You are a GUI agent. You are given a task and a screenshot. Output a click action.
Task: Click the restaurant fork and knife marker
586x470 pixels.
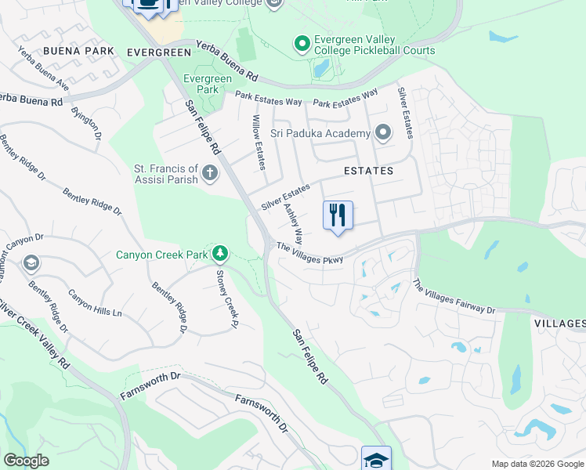point(338,215)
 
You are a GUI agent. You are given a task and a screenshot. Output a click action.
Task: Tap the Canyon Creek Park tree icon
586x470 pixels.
point(221,253)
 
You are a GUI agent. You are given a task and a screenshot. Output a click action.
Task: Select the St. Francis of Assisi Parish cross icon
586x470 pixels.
point(209,173)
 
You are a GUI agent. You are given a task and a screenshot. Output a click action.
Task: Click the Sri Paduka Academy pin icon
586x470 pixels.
point(382,132)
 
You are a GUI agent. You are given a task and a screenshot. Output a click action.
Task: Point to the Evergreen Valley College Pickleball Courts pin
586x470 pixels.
point(302,44)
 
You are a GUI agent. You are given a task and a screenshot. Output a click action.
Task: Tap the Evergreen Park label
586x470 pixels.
point(208,84)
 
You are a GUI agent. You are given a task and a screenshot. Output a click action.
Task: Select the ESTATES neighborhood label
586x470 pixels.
point(367,170)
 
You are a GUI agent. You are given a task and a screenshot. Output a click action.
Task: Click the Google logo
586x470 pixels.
point(26,461)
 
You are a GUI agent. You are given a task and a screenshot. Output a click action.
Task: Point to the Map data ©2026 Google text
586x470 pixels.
point(537,464)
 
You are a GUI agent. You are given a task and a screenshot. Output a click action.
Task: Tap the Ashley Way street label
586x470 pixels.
point(293,223)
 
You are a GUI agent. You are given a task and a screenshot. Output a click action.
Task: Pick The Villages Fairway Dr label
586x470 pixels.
point(454,298)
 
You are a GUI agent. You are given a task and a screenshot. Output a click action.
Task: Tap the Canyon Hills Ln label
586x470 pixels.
point(95,303)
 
